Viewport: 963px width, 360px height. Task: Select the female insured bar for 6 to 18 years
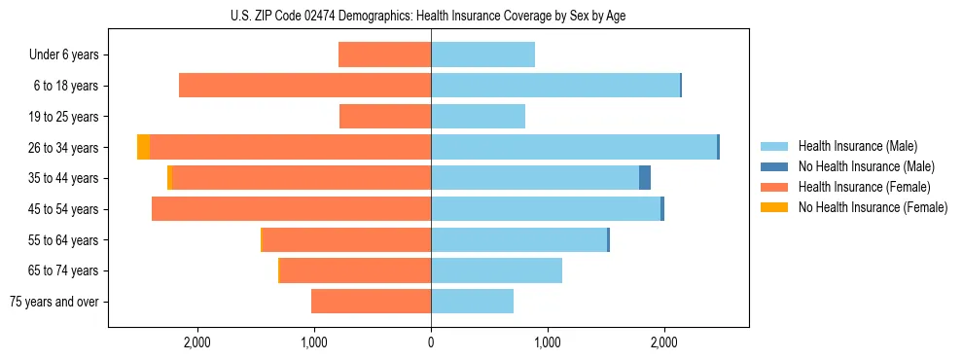tap(304, 86)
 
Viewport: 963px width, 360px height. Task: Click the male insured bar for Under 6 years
tap(482, 54)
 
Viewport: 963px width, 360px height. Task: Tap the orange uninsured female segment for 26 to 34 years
tap(144, 147)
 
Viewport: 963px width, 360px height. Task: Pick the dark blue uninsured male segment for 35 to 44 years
tap(645, 178)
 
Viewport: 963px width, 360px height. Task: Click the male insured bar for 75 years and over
tap(472, 302)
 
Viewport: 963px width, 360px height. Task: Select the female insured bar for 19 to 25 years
tap(385, 117)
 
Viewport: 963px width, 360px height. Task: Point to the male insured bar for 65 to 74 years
tap(496, 270)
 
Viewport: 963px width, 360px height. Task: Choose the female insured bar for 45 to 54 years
tap(291, 209)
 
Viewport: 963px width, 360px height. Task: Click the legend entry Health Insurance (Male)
tap(857, 147)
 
